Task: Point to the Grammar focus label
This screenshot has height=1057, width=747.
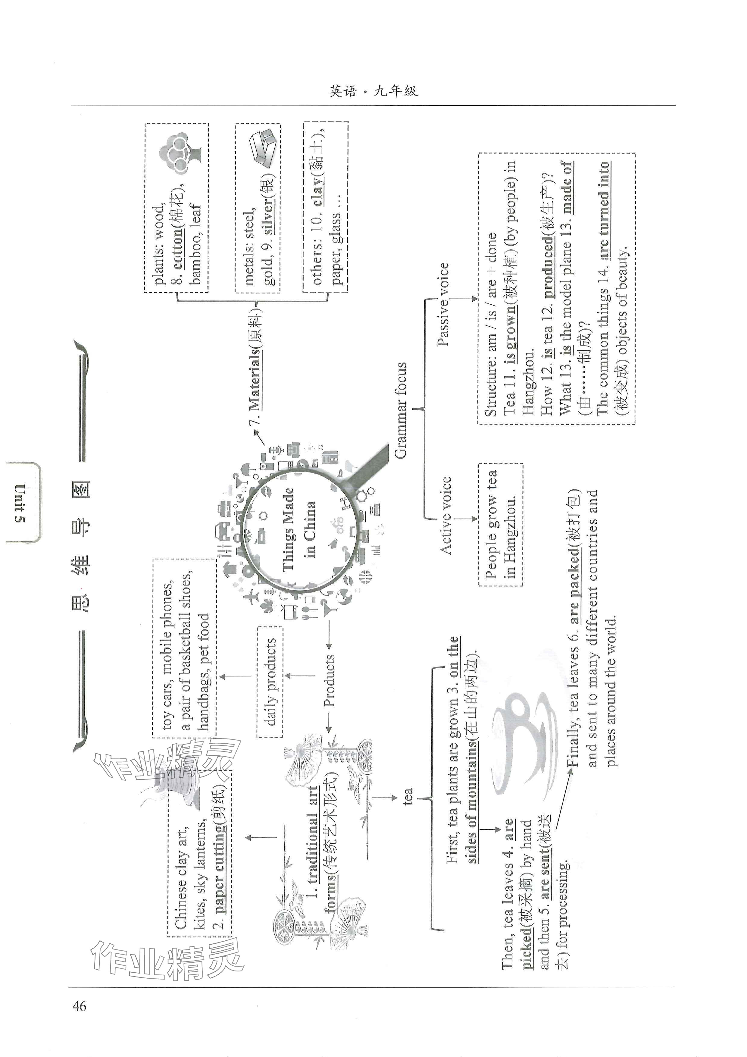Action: pos(401,410)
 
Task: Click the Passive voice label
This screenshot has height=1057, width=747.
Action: pos(443,304)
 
